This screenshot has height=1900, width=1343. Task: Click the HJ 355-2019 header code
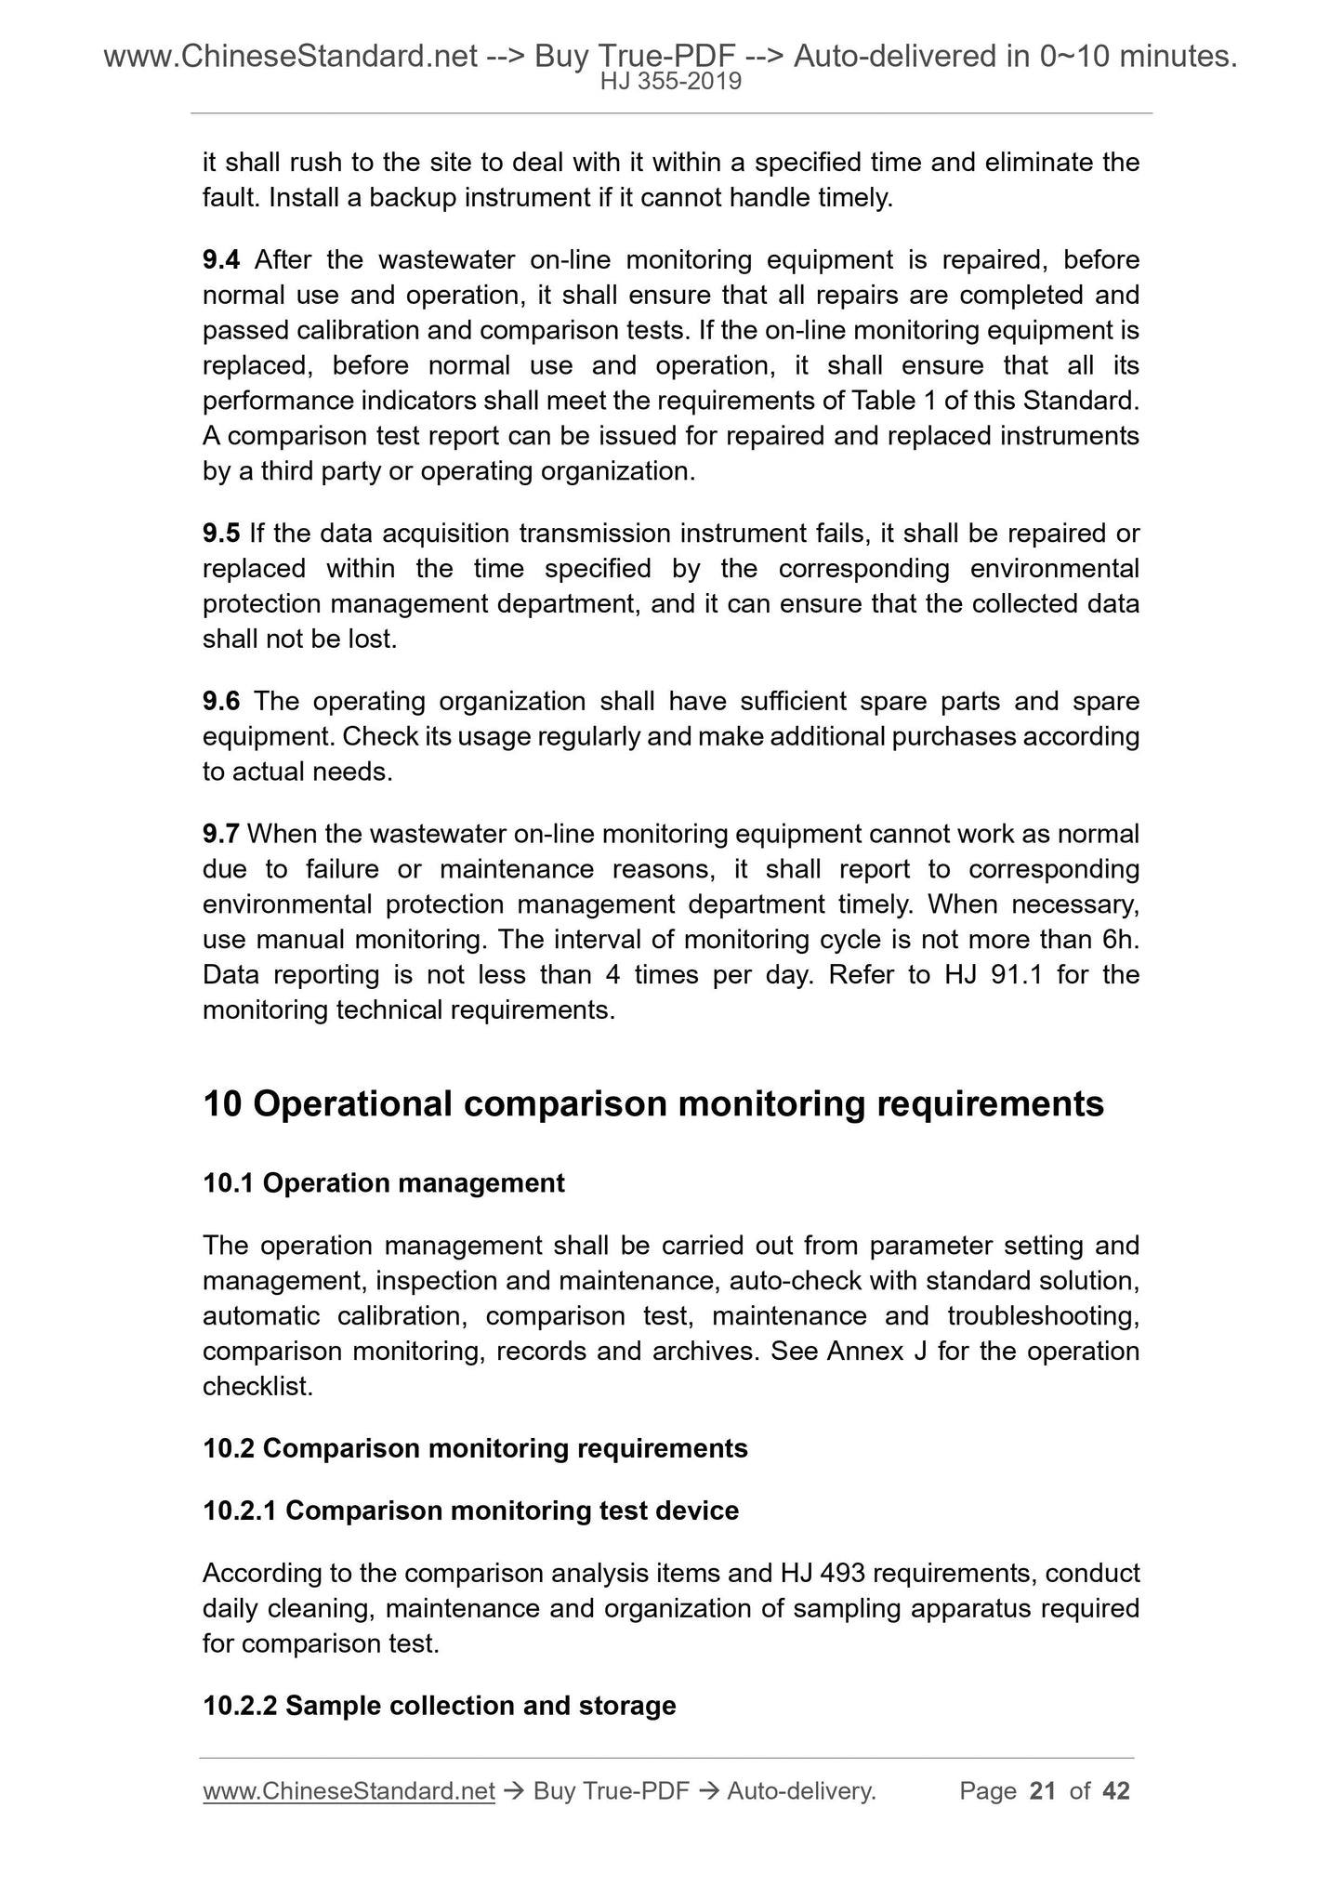670,82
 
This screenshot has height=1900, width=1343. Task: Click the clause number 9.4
220,259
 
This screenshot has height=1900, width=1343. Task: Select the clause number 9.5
220,534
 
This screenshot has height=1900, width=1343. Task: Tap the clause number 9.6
220,701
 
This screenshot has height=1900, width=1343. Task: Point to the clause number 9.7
220,834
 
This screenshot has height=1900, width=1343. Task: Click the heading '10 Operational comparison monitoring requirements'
653,1103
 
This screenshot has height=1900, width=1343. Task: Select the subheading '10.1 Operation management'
383,1183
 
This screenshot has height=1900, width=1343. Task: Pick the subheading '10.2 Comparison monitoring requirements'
475,1448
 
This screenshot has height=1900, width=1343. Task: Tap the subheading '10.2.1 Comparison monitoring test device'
470,1511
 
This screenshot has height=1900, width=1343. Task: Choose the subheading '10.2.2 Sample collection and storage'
439,1706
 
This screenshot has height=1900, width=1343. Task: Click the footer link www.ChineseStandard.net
349,1791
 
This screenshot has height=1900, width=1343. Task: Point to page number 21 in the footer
1043,1791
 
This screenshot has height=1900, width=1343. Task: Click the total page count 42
1115,1791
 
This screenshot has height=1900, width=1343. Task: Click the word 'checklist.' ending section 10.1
257,1386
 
